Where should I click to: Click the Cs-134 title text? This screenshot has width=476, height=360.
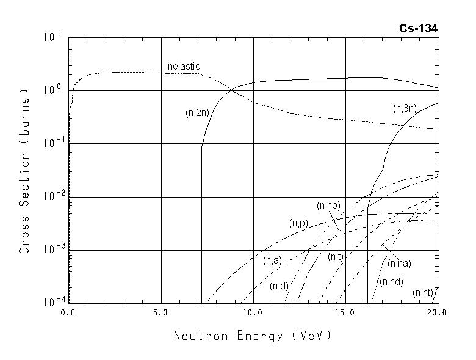click(419, 28)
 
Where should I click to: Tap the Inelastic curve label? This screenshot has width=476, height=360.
click(183, 66)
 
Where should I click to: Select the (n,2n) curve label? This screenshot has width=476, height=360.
click(198, 112)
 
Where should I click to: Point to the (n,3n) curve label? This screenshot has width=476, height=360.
click(405, 109)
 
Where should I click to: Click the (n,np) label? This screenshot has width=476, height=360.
click(328, 206)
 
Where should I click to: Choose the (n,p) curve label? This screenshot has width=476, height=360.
click(299, 223)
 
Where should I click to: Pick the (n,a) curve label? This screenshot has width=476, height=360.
click(272, 261)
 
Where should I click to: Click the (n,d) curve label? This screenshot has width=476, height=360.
click(280, 286)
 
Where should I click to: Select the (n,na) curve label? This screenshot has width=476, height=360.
click(399, 264)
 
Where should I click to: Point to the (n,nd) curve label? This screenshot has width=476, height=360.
click(391, 282)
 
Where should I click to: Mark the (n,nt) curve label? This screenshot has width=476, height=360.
click(423, 293)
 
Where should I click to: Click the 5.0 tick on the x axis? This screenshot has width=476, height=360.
click(161, 312)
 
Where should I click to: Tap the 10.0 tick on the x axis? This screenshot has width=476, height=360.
click(253, 312)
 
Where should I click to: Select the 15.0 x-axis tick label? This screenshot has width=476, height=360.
click(345, 312)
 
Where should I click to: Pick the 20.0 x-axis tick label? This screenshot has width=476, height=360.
click(437, 312)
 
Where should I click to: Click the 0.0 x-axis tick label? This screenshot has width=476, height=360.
click(68, 312)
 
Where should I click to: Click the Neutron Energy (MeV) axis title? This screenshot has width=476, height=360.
click(253, 336)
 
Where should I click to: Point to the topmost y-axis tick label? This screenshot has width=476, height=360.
click(52, 38)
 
